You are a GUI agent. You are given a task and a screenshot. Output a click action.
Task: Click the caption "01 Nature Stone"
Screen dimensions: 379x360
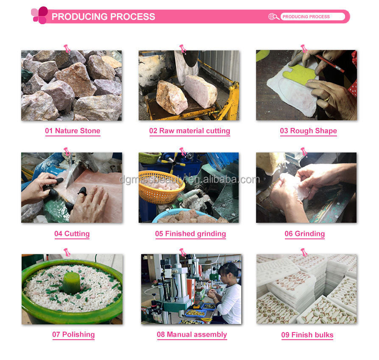[72, 130]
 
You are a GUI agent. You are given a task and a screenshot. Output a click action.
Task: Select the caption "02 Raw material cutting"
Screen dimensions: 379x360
[190, 130]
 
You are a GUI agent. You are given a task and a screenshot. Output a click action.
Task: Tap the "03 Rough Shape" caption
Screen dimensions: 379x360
[309, 130]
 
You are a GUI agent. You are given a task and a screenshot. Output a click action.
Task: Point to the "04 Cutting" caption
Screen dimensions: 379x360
[72, 233]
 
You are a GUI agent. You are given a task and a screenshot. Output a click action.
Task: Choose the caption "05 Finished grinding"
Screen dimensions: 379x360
[190, 233]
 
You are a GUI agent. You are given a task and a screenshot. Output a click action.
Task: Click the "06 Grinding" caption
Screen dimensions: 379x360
[304, 233]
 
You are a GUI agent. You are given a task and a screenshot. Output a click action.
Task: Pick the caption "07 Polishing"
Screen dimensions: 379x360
[73, 335]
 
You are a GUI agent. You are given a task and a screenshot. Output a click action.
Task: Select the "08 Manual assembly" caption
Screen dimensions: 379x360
[192, 335]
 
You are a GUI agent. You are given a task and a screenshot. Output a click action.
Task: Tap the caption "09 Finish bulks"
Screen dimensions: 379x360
[307, 335]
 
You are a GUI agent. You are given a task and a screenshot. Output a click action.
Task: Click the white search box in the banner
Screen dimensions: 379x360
[313, 17]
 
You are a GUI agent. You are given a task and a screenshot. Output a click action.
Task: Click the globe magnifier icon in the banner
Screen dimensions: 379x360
[273, 17]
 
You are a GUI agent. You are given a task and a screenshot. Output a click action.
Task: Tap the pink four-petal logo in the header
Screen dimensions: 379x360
[39, 15]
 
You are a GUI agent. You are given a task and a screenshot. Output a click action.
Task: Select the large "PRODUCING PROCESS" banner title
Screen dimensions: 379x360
[103, 17]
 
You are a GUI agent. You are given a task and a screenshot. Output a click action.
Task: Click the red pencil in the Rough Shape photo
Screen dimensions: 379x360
[330, 63]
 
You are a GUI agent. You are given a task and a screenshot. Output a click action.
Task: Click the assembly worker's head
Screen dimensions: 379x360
[229, 273]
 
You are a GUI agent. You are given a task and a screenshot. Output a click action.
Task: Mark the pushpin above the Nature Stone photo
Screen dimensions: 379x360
[67, 49]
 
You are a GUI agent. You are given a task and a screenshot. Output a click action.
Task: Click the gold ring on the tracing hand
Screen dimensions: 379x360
[327, 98]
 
